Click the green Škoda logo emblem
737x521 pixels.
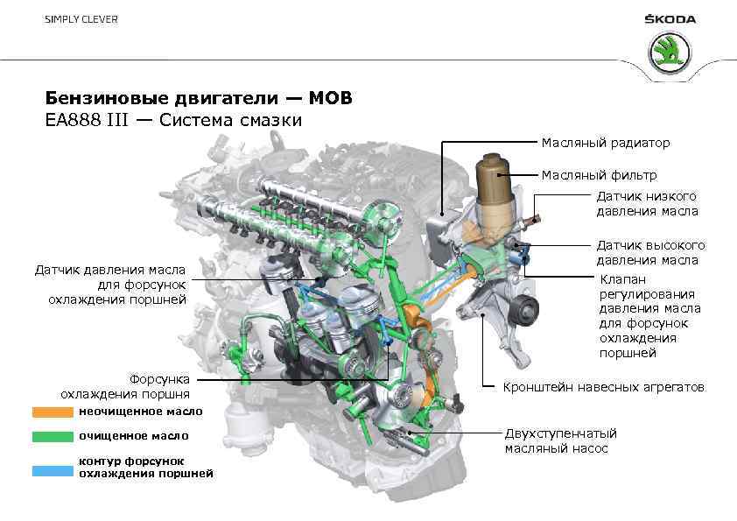click(x=670, y=53)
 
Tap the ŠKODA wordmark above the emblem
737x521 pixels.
click(x=670, y=19)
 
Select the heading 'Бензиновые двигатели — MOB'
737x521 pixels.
click(x=199, y=98)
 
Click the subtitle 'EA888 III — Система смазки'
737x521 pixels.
click(x=173, y=120)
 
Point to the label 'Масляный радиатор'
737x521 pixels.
click(x=605, y=142)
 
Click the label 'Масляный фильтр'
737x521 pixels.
click(x=599, y=175)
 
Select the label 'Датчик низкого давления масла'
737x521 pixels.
click(x=647, y=203)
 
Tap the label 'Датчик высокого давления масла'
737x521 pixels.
click(x=650, y=252)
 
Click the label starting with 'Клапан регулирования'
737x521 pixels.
click(x=649, y=315)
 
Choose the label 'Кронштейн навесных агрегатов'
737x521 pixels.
click(x=603, y=386)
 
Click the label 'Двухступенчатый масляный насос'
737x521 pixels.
click(x=560, y=440)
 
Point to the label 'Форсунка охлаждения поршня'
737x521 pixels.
click(x=125, y=386)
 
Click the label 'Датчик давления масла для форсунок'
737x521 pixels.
click(x=110, y=284)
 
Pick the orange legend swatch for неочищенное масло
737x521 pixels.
click(x=53, y=411)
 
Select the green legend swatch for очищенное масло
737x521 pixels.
click(x=53, y=435)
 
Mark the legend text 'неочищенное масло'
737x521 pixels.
click(x=140, y=411)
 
